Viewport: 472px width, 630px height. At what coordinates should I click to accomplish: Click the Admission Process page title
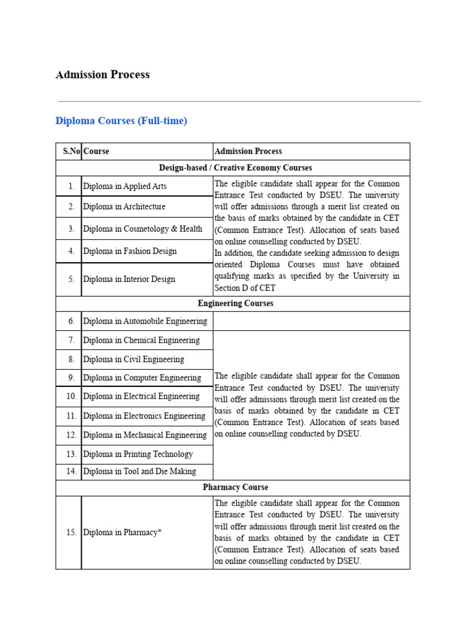pyautogui.click(x=103, y=75)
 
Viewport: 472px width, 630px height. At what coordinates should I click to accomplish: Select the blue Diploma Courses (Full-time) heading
pyautogui.click(x=121, y=121)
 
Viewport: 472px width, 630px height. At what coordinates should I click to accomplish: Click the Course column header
pyautogui.click(x=96, y=151)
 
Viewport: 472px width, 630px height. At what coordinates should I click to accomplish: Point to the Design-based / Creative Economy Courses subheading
pyautogui.click(x=235, y=168)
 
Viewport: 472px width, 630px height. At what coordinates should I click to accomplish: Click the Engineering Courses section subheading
pyautogui.click(x=235, y=304)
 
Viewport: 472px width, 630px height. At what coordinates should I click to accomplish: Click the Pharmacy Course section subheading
pyautogui.click(x=235, y=487)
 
